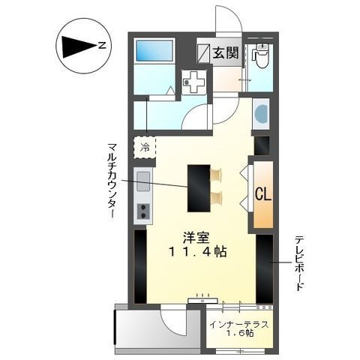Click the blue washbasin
click(x=260, y=115)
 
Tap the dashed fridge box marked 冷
click(x=145, y=147)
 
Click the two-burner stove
click(x=142, y=210)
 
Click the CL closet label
click(x=262, y=194)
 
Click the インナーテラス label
click(x=239, y=325)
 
